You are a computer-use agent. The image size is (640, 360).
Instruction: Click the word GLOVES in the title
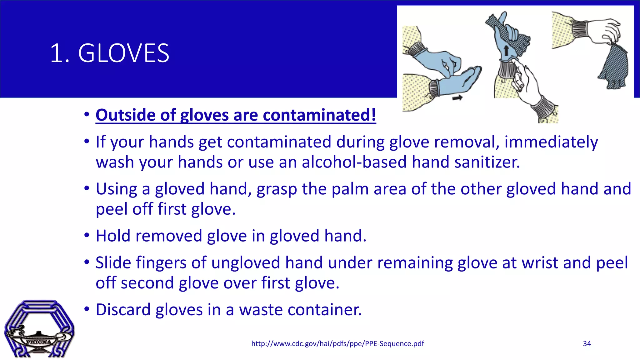(x=123, y=53)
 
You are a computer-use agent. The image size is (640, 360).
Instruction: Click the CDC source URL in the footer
(x=337, y=344)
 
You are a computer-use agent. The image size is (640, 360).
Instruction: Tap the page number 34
(x=587, y=344)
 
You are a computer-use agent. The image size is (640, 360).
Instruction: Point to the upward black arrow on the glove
(x=506, y=50)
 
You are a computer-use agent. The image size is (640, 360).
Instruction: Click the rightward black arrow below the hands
(x=457, y=98)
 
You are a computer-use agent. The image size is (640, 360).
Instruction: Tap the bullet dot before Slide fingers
(x=87, y=262)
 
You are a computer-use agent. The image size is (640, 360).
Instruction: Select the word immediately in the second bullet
(x=551, y=142)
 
